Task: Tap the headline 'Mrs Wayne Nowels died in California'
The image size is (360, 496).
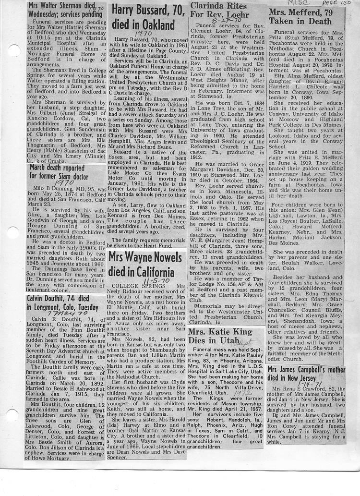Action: [x=146, y=265]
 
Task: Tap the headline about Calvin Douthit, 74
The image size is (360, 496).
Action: [x=62, y=302]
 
